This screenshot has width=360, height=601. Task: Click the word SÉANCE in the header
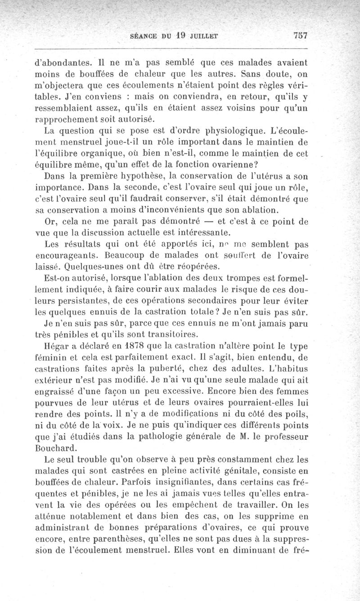tap(143, 36)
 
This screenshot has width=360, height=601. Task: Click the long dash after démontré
tap(202, 221)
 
